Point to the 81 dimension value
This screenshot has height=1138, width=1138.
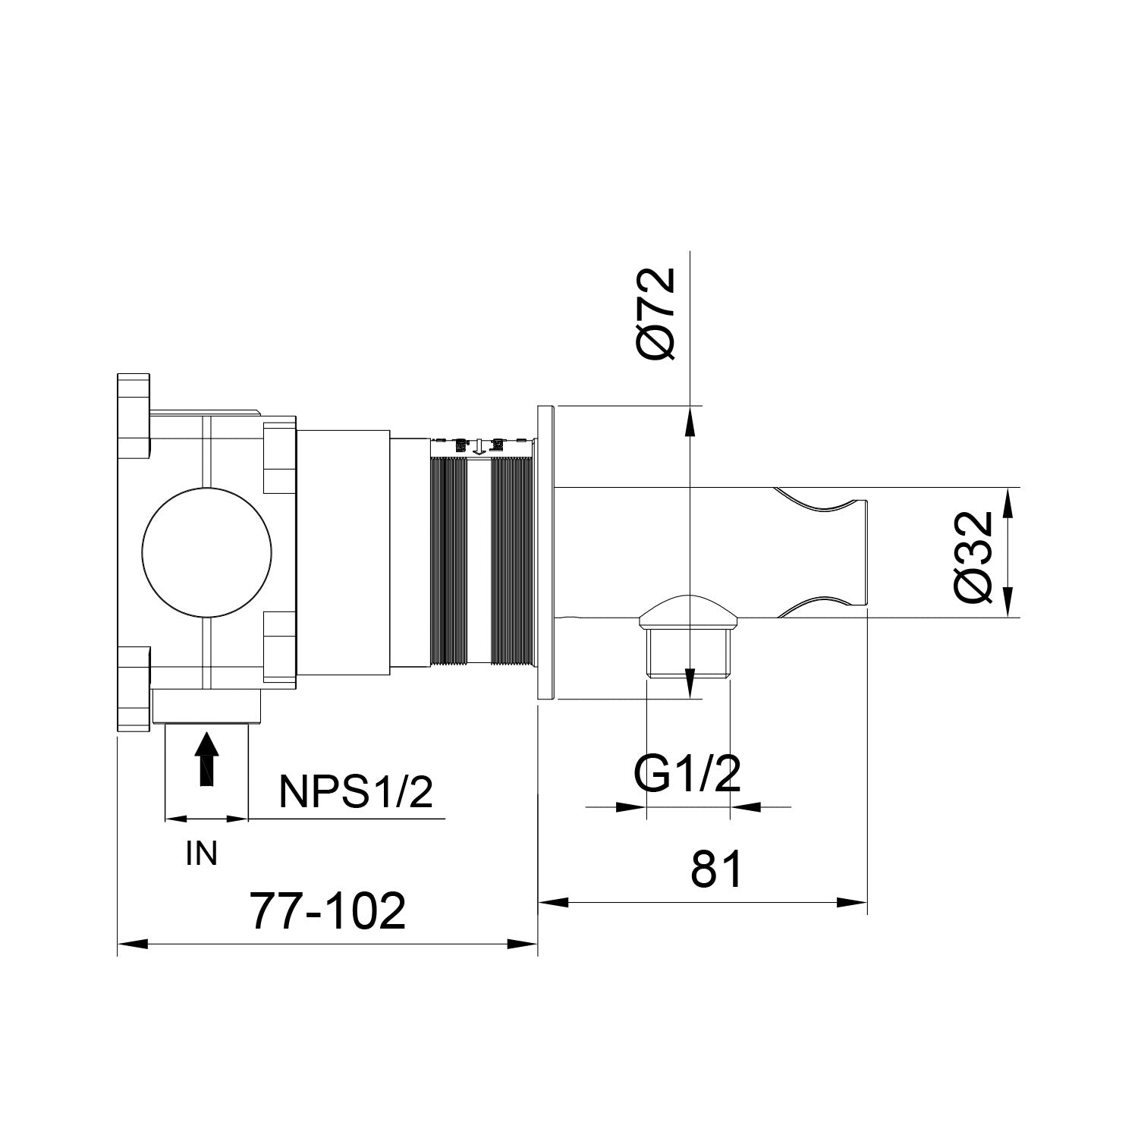coord(716,869)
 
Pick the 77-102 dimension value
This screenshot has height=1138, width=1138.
coord(328,911)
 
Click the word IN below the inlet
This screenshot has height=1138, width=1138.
coord(201,854)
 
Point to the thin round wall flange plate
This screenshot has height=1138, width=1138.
coord(545,552)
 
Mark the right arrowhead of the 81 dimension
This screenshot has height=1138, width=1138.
coord(853,903)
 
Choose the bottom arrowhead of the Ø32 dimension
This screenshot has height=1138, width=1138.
coord(1008,604)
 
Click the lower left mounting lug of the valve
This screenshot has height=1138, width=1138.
coord(134,687)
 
